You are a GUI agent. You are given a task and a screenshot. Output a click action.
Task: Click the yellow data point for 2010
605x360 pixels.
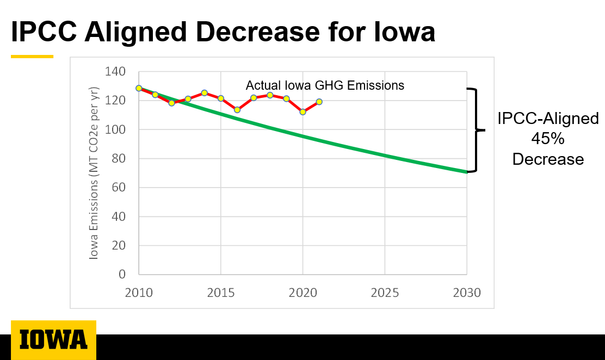pos(139,88)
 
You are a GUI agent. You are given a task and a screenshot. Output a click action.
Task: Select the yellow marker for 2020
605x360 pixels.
pos(303,111)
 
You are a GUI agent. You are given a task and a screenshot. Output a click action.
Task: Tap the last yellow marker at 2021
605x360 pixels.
pos(319,102)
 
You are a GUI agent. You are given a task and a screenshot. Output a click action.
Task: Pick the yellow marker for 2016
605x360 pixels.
pos(237,110)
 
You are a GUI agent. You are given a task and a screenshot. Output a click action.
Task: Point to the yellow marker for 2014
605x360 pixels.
pos(205,93)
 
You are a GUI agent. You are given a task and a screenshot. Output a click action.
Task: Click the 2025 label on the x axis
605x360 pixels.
pos(385,293)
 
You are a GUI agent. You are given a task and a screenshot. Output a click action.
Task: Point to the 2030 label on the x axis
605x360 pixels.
pos(466,293)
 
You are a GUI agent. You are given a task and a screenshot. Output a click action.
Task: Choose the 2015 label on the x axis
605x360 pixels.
pos(221,293)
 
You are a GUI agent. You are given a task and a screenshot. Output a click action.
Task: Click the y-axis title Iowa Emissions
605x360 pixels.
pos(95,173)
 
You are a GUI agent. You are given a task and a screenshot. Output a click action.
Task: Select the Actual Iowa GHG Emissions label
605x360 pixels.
pos(325,85)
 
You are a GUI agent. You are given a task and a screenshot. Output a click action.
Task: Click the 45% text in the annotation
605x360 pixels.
pos(548,139)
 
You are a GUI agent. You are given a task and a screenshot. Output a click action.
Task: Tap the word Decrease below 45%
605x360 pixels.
pos(548,159)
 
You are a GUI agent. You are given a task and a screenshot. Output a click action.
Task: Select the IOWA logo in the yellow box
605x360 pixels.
pos(53,339)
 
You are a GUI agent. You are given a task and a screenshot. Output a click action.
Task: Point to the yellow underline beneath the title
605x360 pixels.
pos(32,56)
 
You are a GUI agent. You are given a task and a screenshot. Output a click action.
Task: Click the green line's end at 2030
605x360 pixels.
pos(466,172)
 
